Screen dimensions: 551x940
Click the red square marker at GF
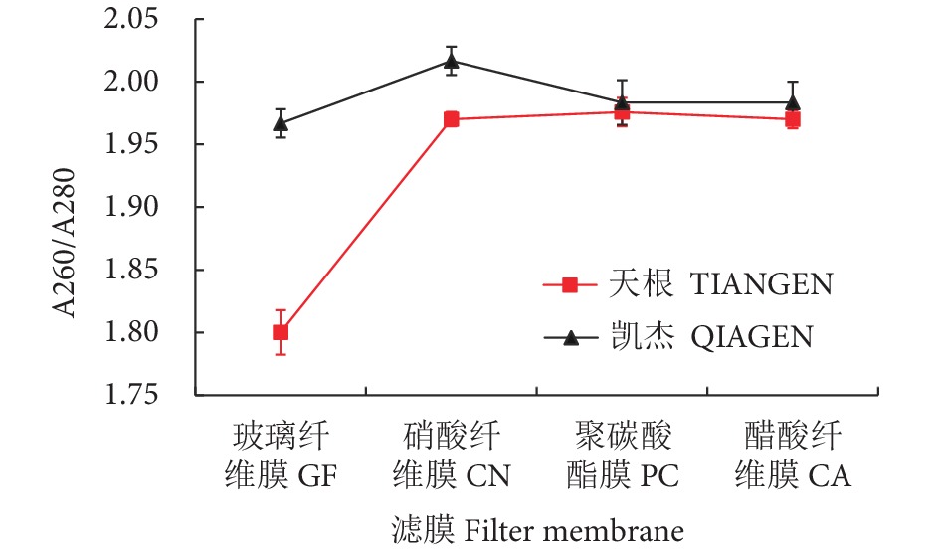(281, 332)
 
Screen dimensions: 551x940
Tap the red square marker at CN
(452, 119)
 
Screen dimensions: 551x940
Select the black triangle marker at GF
(281, 123)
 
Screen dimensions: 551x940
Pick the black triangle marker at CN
(452, 61)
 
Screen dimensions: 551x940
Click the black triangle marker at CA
(793, 101)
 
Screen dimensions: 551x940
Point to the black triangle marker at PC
(622, 101)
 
